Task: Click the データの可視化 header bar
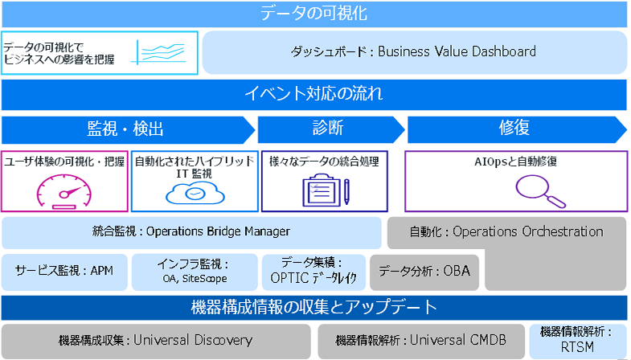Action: click(314, 14)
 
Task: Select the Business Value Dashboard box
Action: click(414, 52)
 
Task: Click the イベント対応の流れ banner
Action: click(314, 95)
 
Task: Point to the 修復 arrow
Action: click(514, 129)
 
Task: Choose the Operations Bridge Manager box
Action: click(191, 232)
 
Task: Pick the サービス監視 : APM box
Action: click(64, 272)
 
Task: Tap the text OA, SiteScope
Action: click(193, 279)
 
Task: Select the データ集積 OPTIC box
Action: click(313, 272)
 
